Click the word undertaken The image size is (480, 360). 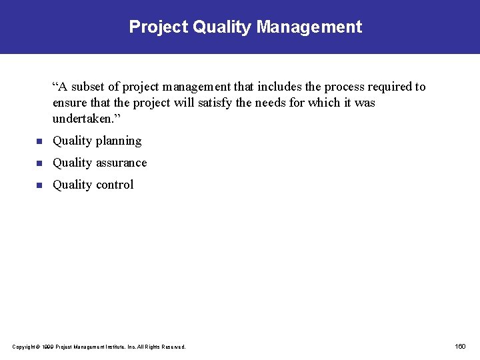[84, 119]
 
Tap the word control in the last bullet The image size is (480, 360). [115, 185]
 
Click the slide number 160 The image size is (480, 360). [460, 347]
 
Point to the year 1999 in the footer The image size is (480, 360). [46, 347]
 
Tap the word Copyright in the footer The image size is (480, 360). [24, 347]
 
